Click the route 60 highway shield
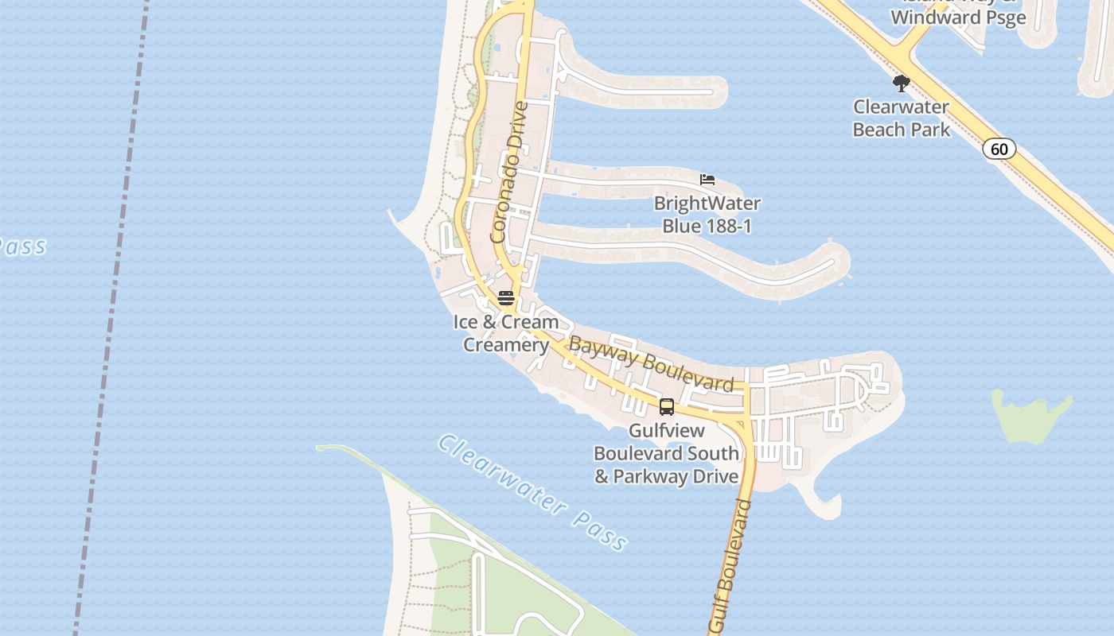click(999, 149)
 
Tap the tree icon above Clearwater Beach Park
click(901, 83)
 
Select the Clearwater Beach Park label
click(901, 118)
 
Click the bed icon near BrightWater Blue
click(707, 180)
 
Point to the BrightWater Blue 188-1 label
click(707, 215)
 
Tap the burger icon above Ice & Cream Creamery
click(506, 298)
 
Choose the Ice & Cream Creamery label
click(506, 333)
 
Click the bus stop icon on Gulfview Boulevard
click(667, 407)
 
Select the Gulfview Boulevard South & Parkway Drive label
click(667, 453)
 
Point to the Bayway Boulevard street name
click(651, 364)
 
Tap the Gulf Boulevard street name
click(730, 566)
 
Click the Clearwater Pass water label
click(532, 493)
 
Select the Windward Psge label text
click(958, 17)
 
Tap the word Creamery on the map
click(506, 345)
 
